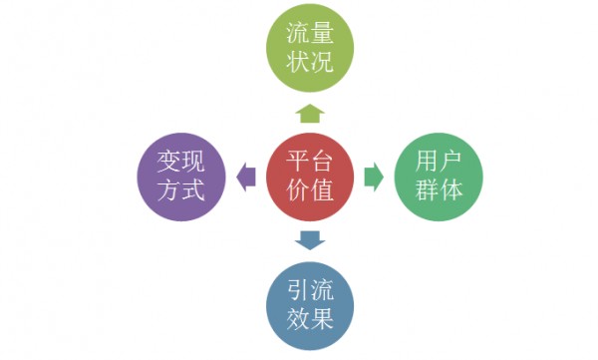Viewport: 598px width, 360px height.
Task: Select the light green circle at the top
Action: pyautogui.click(x=307, y=52)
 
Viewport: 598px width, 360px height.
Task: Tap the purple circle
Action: pyautogui.click(x=179, y=177)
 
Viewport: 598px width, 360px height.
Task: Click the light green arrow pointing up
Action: pyautogui.click(x=308, y=111)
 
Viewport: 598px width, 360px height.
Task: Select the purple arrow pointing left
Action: pyautogui.click(x=245, y=178)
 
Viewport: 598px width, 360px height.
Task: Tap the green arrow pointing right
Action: pyautogui.click(x=373, y=178)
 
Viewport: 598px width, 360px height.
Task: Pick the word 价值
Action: pyautogui.click(x=309, y=193)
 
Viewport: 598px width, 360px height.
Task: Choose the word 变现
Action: pyautogui.click(x=180, y=161)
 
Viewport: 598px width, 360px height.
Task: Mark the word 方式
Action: pyautogui.click(x=180, y=192)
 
